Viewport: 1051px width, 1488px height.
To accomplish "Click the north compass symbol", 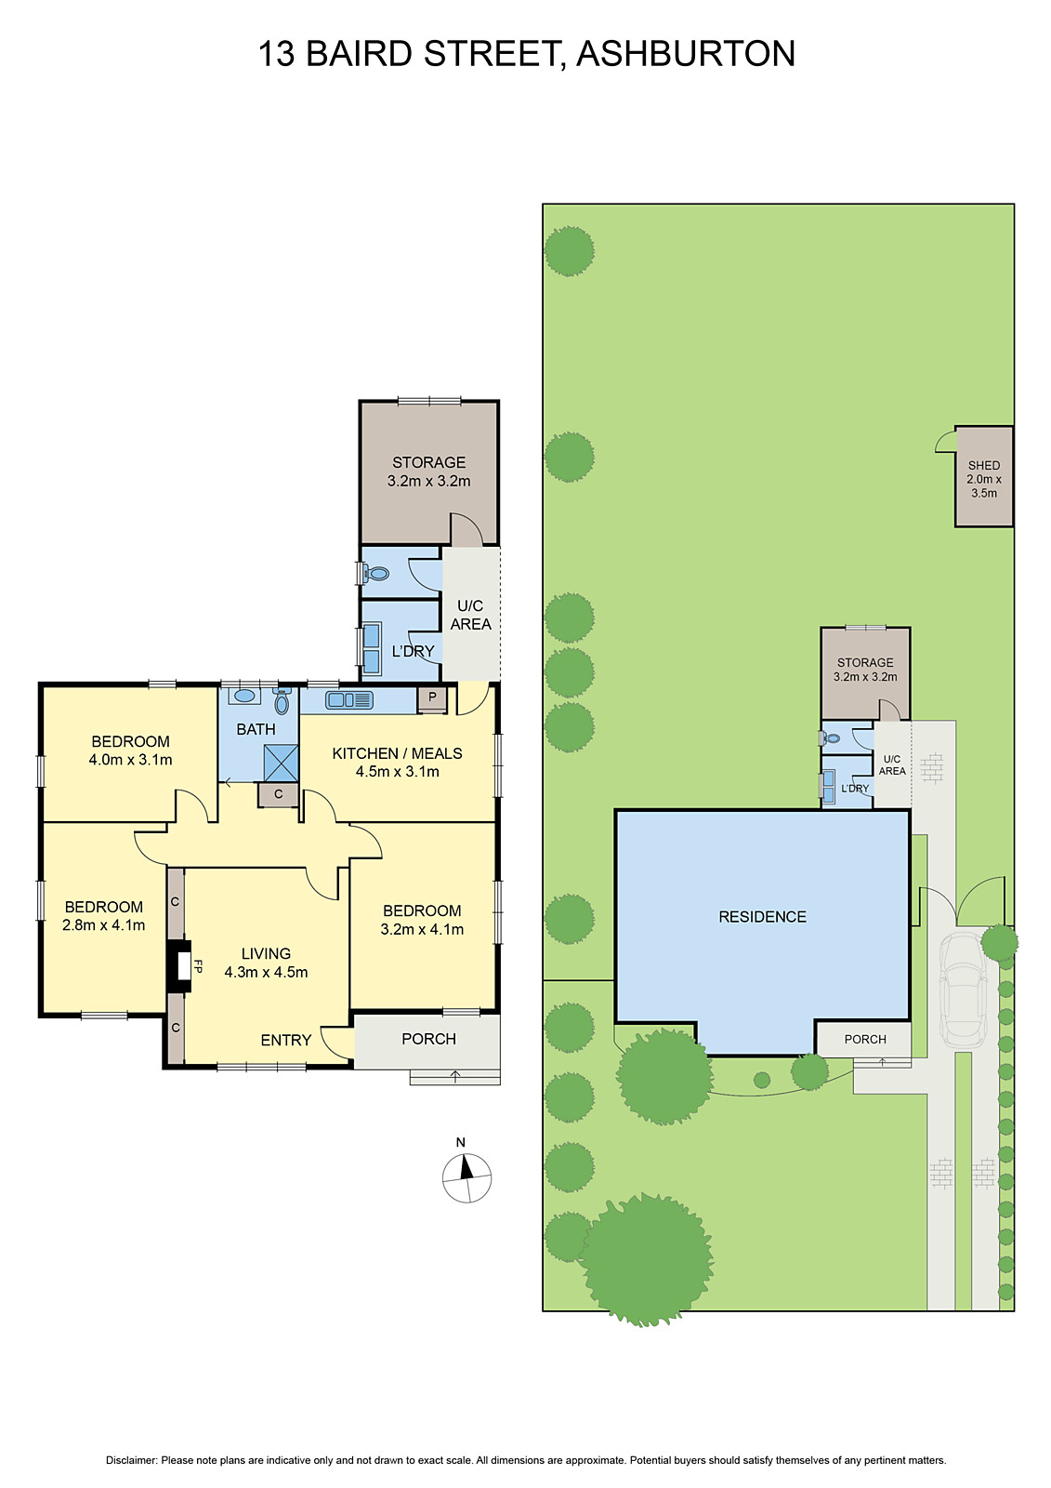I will click(x=466, y=1177).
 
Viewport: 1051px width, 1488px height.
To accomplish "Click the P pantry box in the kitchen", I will click(x=432, y=697).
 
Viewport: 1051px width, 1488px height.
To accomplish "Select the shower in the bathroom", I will click(x=281, y=763).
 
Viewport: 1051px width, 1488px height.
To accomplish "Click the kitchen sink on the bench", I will click(x=348, y=699).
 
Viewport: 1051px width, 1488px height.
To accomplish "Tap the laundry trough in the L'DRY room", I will click(x=372, y=648).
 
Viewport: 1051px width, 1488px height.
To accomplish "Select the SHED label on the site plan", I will click(x=984, y=465).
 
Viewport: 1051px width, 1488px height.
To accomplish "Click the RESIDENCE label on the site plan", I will click(x=762, y=917).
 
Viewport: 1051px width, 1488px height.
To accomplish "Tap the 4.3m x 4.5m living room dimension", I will click(x=266, y=972).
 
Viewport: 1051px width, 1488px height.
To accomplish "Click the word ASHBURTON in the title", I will click(x=686, y=54).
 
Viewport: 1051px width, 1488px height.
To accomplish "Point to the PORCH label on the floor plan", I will click(x=428, y=1039).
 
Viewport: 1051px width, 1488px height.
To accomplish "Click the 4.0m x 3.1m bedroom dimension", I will click(x=130, y=760).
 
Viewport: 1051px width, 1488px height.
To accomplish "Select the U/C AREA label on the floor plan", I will click(x=470, y=615).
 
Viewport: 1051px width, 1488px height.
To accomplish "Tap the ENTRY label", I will click(x=285, y=1040).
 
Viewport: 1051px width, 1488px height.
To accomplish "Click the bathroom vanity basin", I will click(x=246, y=696).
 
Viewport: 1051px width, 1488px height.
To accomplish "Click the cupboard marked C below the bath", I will click(x=278, y=794).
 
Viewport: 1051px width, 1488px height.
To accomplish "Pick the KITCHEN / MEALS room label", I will click(x=397, y=753).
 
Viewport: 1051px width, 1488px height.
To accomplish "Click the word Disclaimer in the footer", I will click(x=130, y=1460).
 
